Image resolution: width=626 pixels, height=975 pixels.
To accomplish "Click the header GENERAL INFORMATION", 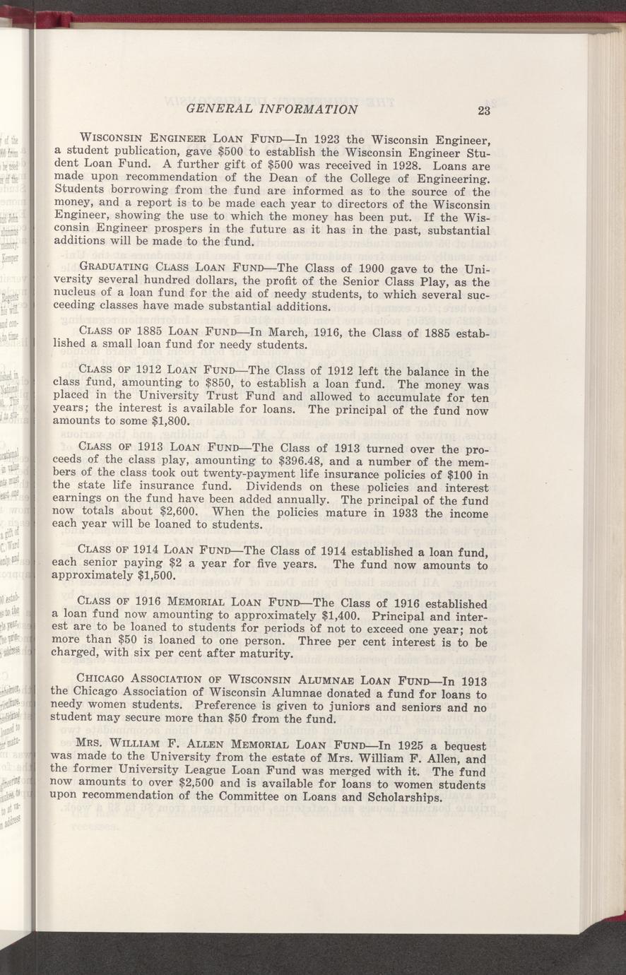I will [x=272, y=109].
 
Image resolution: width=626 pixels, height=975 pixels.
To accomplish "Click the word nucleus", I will [x=76, y=294].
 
